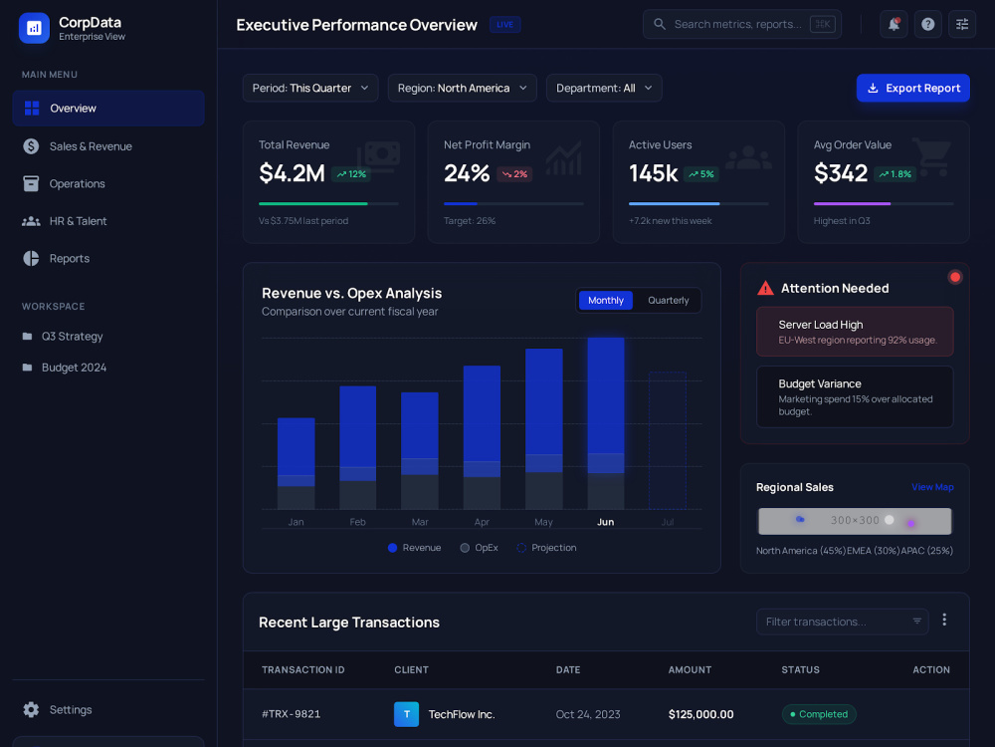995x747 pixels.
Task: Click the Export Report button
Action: [x=912, y=88]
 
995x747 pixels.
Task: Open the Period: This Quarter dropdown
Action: [x=310, y=88]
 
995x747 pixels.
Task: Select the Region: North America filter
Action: [x=462, y=88]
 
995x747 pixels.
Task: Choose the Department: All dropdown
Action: [x=604, y=88]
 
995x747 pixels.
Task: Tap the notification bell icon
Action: [x=894, y=24]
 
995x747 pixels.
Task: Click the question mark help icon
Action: [x=927, y=24]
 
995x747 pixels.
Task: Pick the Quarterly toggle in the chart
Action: [x=669, y=301]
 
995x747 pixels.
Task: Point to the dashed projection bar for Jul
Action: [x=667, y=440]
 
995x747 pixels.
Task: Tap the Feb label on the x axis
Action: [x=357, y=522]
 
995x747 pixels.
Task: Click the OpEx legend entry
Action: [x=480, y=548]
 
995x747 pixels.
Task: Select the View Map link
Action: [x=932, y=487]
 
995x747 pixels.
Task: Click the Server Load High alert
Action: [x=855, y=332]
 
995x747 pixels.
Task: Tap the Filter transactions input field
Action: [x=842, y=622]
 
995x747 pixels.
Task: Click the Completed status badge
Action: [x=819, y=714]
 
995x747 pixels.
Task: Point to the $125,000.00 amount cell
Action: [x=700, y=714]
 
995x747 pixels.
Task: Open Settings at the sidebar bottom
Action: [x=59, y=709]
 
